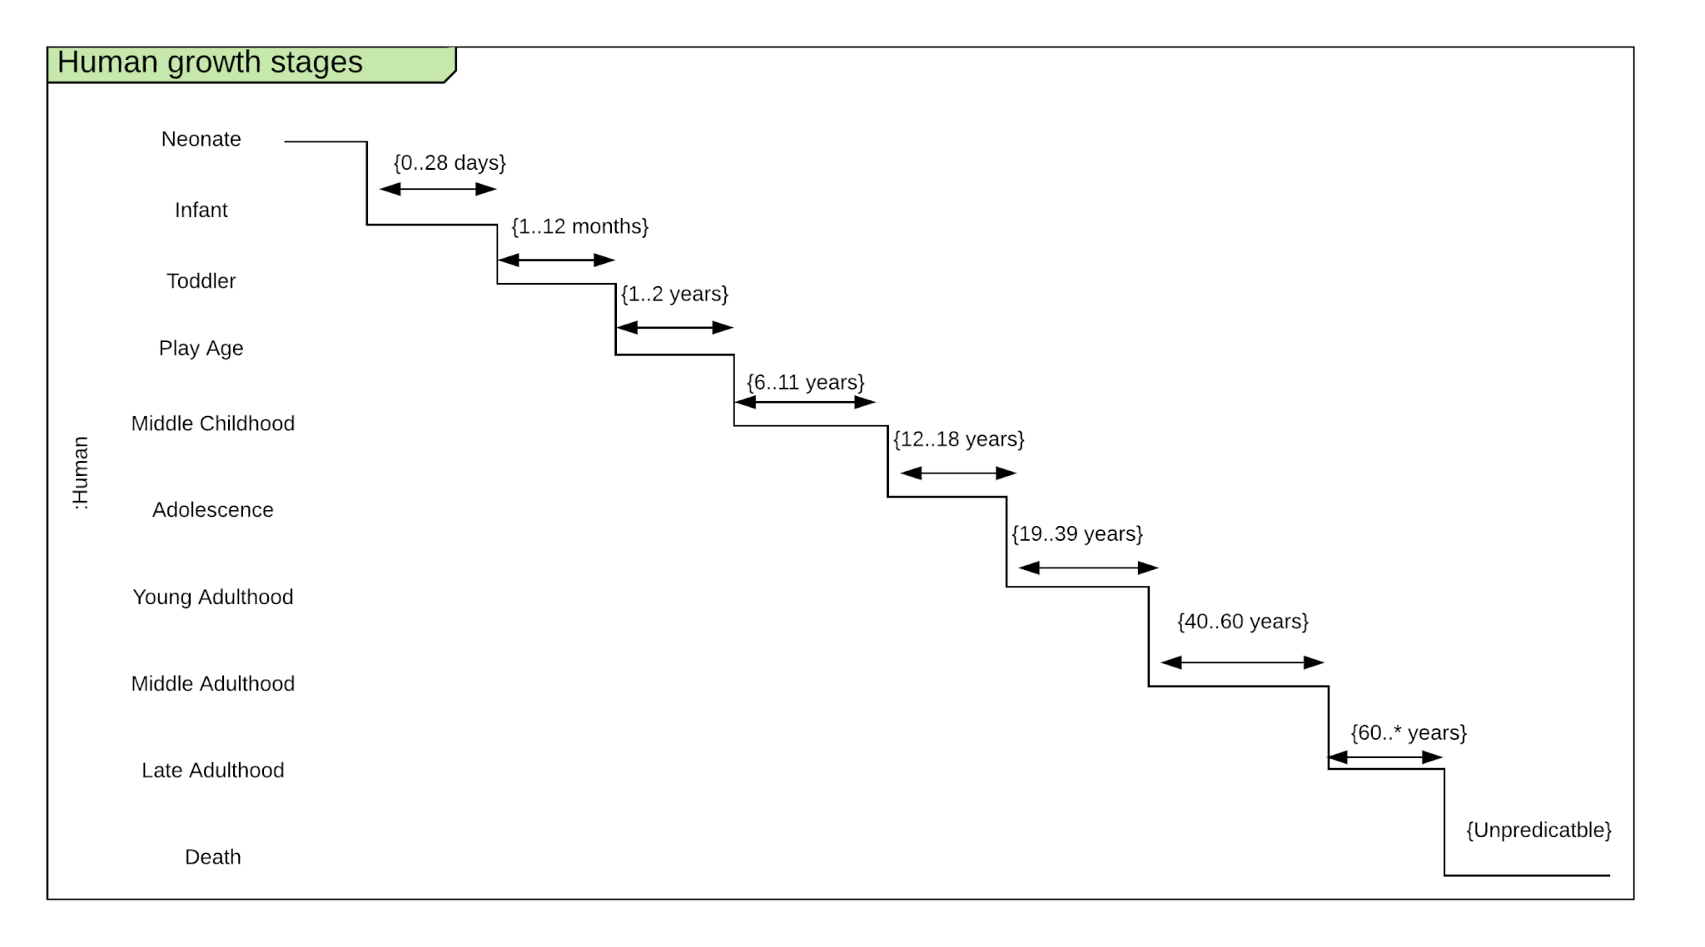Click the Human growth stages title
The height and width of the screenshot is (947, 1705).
click(210, 63)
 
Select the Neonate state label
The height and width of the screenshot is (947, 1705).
click(201, 139)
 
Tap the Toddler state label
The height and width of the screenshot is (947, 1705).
click(201, 281)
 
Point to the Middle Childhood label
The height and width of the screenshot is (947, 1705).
click(212, 424)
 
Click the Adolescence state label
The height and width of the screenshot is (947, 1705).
click(212, 510)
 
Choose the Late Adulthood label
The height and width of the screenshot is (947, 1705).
click(212, 771)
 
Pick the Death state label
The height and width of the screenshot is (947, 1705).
click(212, 857)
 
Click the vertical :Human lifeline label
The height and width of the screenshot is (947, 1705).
click(81, 473)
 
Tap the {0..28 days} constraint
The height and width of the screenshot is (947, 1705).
click(450, 162)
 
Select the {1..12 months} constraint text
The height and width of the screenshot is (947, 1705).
click(579, 226)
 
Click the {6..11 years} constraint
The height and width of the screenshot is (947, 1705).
click(805, 382)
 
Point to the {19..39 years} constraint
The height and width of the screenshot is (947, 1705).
click(1076, 533)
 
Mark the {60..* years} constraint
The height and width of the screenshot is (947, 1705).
click(1408, 732)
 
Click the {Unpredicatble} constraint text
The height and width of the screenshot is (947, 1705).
click(1538, 830)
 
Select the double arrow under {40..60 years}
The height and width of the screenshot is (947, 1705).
click(1241, 662)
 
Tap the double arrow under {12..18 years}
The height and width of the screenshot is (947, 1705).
click(958, 473)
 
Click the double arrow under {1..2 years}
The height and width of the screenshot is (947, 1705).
click(674, 328)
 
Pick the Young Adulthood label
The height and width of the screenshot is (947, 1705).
click(212, 597)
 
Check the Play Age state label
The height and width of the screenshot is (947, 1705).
click(201, 348)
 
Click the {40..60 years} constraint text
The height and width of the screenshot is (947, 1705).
click(1242, 622)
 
